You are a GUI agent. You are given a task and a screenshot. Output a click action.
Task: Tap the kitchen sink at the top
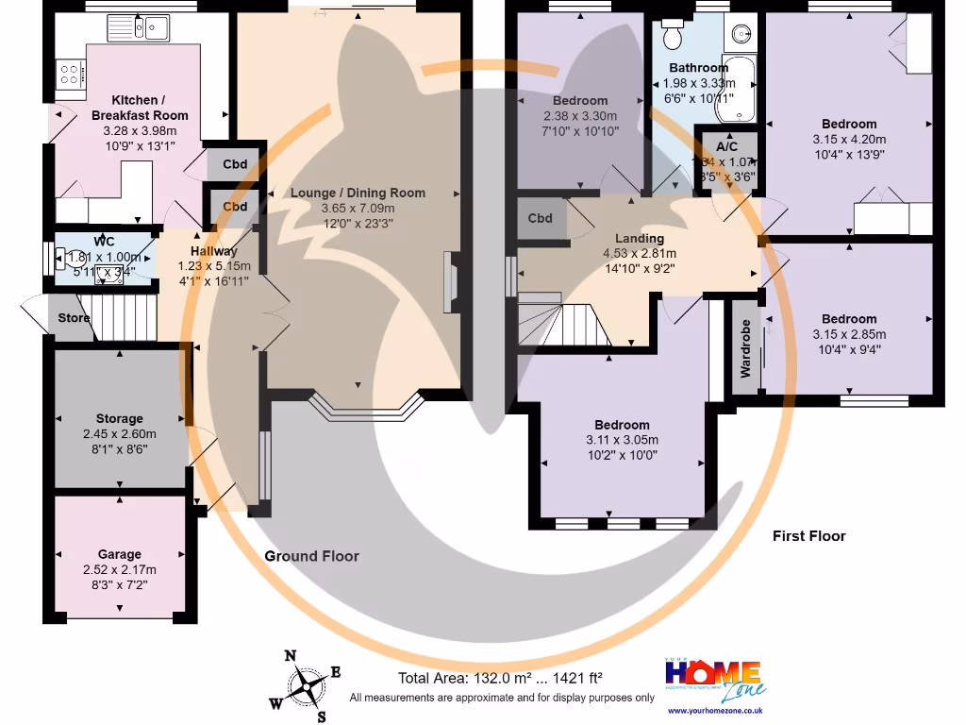(x=151, y=28)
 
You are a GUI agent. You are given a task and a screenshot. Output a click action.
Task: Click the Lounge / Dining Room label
(x=358, y=193)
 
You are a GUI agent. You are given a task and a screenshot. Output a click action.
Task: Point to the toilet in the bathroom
(x=674, y=34)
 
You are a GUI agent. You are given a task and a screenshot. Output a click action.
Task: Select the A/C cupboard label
(x=727, y=147)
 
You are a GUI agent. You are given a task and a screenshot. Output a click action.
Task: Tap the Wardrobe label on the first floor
(x=745, y=348)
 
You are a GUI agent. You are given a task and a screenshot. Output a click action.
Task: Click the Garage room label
(x=120, y=554)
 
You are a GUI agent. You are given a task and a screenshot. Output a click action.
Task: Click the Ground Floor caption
(x=311, y=556)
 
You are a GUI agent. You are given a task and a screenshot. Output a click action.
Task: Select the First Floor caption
(x=808, y=535)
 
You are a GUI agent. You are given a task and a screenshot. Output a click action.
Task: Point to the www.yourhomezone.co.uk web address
(x=714, y=710)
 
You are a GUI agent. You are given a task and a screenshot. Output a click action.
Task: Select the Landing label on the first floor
(x=640, y=238)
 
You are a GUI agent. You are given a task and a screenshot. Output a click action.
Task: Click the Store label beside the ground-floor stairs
(x=74, y=318)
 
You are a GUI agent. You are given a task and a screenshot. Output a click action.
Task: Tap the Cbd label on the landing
(x=540, y=218)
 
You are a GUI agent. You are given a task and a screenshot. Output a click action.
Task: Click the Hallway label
(x=214, y=251)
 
